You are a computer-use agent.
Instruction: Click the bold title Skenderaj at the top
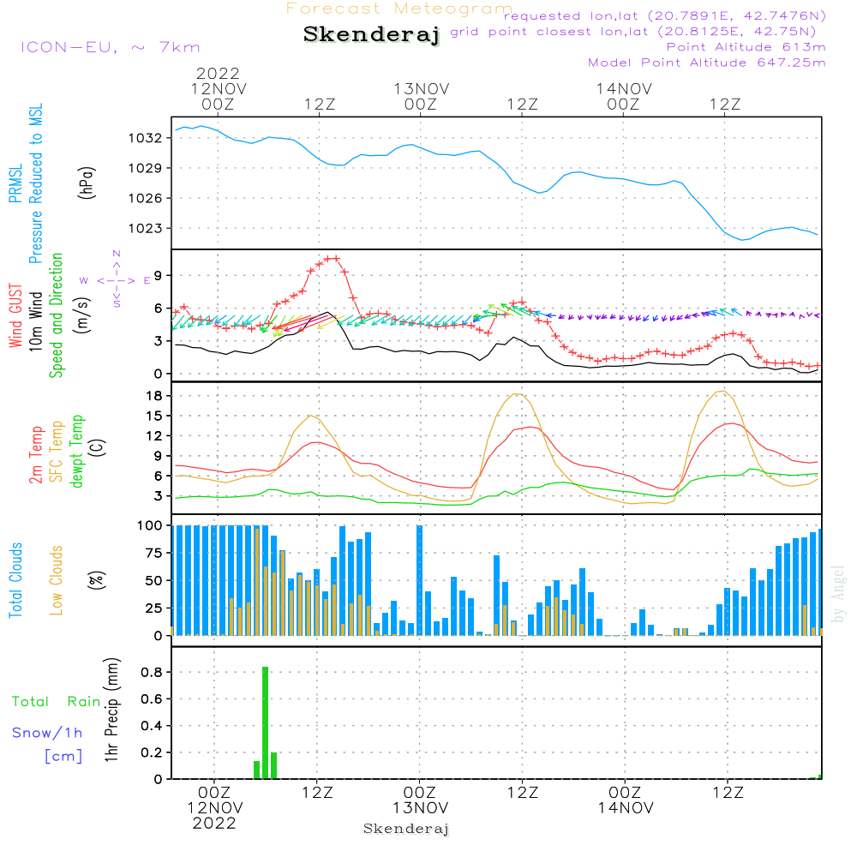pos(371,34)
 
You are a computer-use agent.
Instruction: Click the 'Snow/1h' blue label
pos(47,733)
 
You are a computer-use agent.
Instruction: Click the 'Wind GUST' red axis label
pos(16,317)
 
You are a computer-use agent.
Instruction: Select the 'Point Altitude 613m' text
pos(746,47)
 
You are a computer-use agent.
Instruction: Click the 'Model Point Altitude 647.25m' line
pos(707,63)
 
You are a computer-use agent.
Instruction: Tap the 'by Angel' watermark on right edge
pos(839,593)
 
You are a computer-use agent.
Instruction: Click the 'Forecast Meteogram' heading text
pos(399,9)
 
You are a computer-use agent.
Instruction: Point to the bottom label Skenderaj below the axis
pos(406,829)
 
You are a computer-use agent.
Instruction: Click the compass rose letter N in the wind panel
pos(117,254)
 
